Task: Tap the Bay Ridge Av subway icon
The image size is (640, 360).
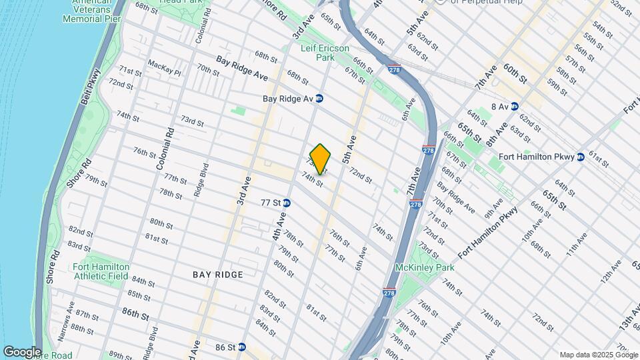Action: click(319, 98)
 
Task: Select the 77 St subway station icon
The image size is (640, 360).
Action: click(287, 203)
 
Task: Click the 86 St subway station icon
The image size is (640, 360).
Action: click(242, 347)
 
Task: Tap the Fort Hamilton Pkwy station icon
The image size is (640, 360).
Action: click(580, 157)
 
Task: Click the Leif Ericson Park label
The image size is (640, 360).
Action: click(325, 53)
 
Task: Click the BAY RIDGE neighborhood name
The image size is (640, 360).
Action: click(218, 275)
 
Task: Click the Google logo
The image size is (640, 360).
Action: click(22, 351)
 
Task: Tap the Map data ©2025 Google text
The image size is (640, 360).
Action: click(598, 355)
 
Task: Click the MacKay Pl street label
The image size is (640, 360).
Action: click(164, 67)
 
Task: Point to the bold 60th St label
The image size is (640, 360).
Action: click(515, 73)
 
